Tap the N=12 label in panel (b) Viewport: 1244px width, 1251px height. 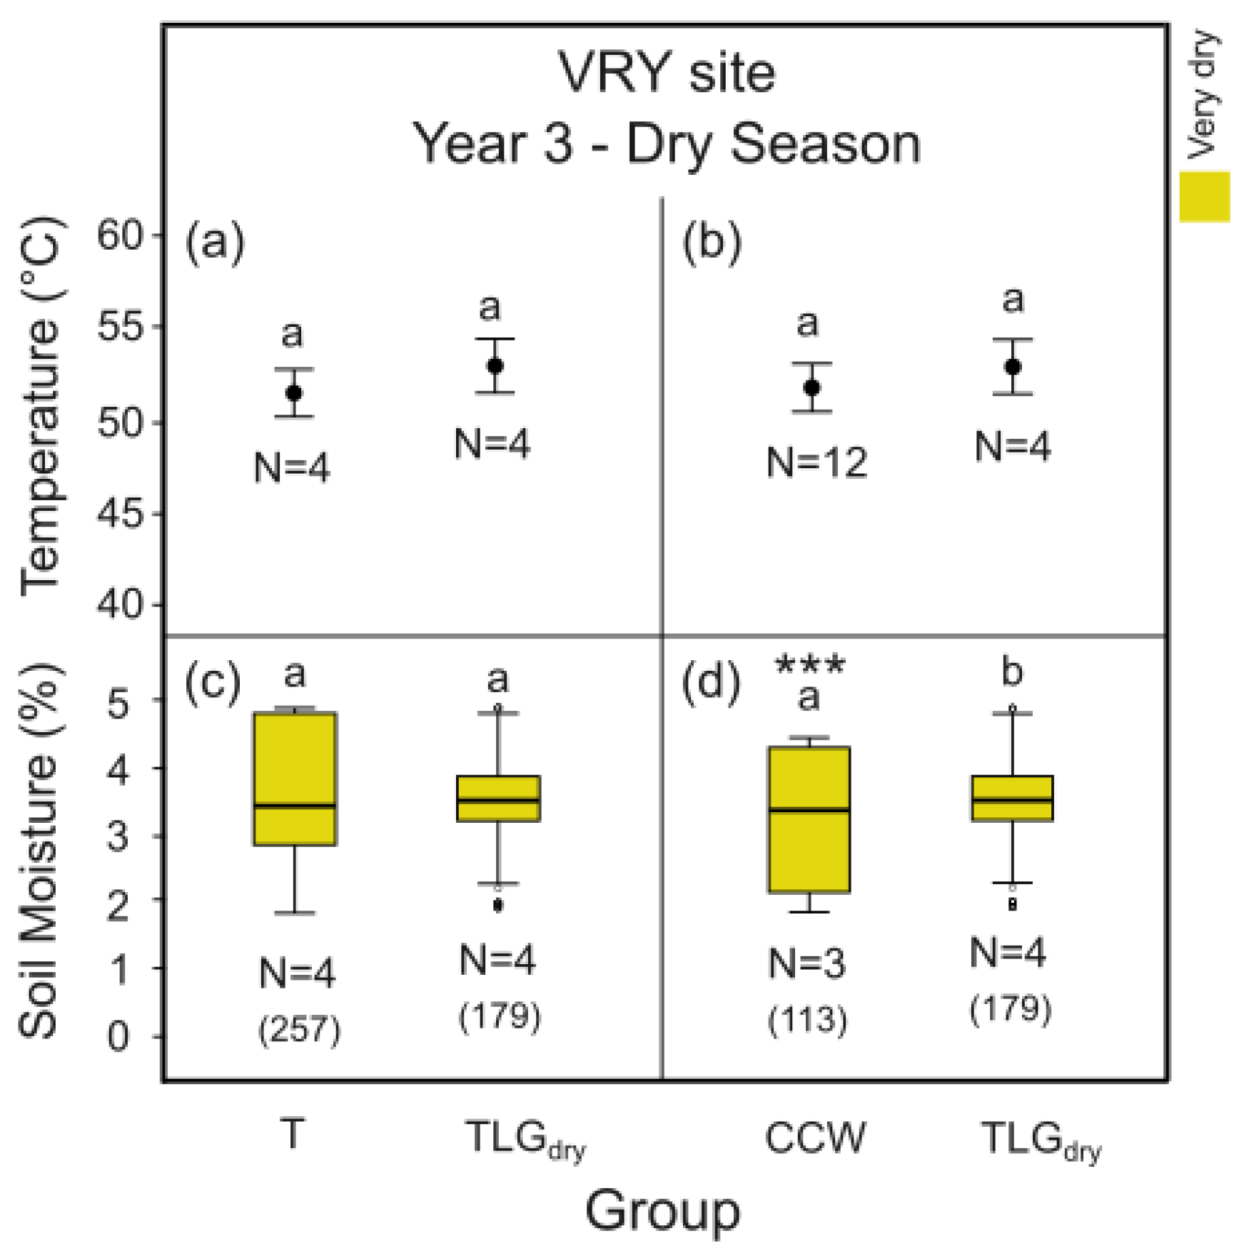pyautogui.click(x=816, y=462)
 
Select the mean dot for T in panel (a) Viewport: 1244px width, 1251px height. pyautogui.click(x=293, y=393)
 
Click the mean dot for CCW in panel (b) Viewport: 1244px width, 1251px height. pyautogui.click(x=811, y=388)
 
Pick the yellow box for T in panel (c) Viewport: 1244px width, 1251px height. pyautogui.click(x=295, y=778)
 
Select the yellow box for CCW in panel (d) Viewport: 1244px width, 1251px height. pyautogui.click(x=809, y=819)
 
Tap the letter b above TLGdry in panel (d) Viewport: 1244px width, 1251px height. pyautogui.click(x=1012, y=672)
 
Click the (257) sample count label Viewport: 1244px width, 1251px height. pyautogui.click(x=299, y=1030)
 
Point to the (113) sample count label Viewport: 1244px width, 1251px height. pyautogui.click(x=807, y=1020)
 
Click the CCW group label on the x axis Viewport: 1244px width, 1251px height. pyautogui.click(x=814, y=1137)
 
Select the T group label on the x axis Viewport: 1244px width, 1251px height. pyautogui.click(x=293, y=1133)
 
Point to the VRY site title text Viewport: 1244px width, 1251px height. pyautogui.click(x=666, y=73)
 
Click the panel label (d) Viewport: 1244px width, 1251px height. pyautogui.click(x=711, y=683)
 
